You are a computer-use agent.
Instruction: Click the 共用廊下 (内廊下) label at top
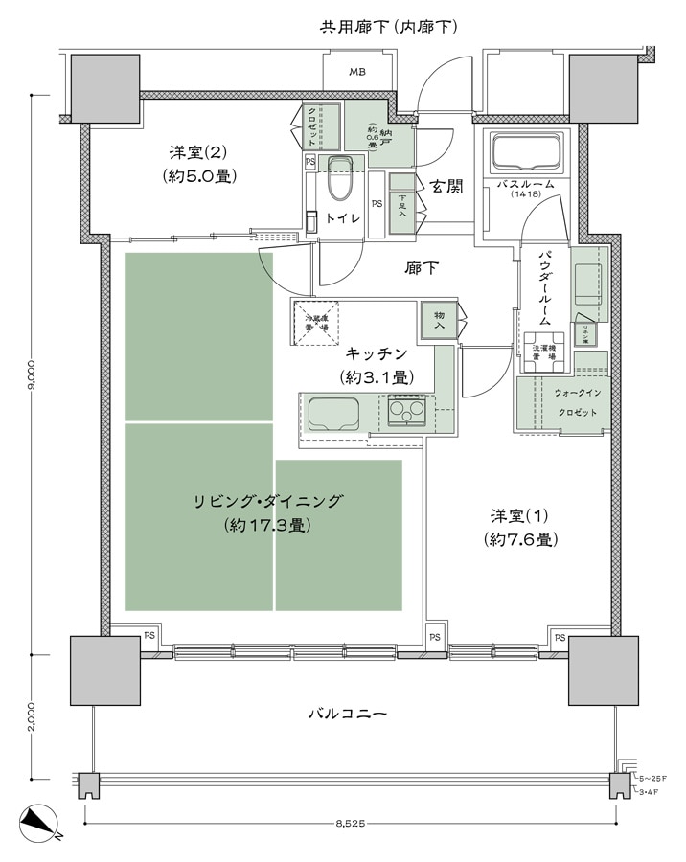click(387, 27)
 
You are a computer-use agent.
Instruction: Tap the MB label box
click(356, 72)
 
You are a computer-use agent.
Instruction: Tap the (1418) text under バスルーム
click(526, 195)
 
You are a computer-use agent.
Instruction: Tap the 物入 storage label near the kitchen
click(439, 320)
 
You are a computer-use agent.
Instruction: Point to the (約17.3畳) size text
click(267, 525)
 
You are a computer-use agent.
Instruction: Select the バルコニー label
click(347, 714)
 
